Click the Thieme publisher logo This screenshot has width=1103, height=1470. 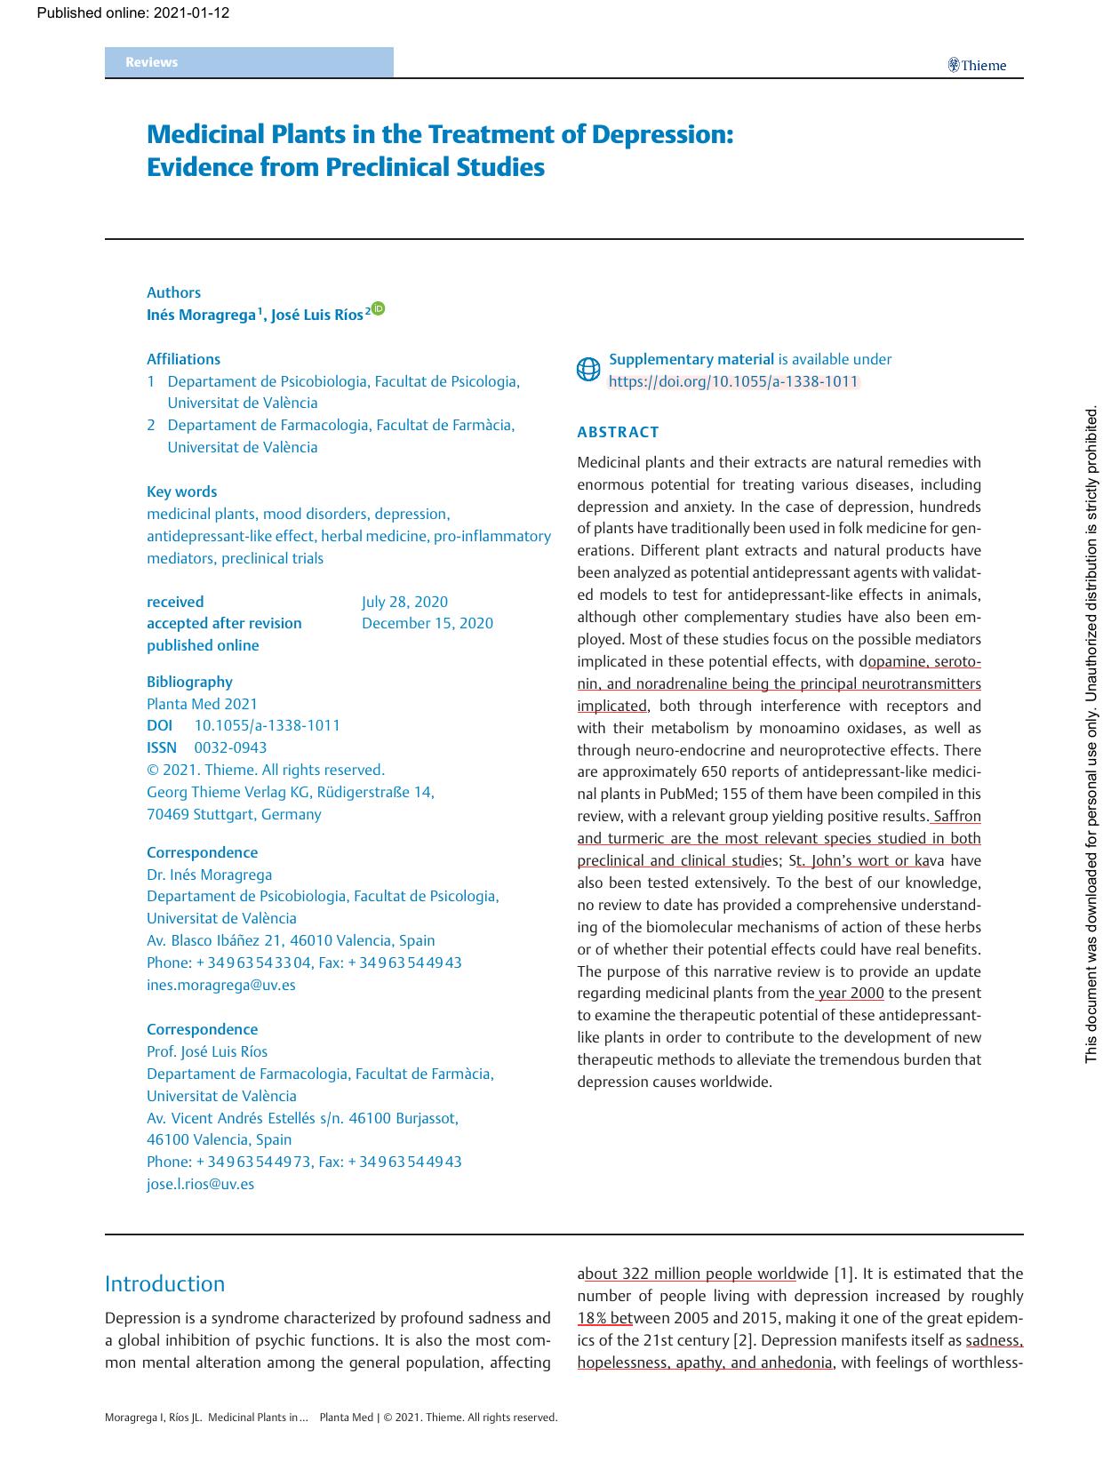[977, 65]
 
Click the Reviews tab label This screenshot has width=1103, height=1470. [151, 62]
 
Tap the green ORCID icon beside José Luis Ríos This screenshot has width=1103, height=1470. [379, 309]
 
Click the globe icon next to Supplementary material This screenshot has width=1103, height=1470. [588, 370]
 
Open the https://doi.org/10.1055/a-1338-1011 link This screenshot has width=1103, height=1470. [733, 382]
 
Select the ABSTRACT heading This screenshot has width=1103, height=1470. [618, 433]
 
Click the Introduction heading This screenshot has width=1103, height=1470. [164, 1283]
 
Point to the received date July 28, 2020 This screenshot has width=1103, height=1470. [404, 602]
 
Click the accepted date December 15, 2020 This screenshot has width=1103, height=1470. [427, 623]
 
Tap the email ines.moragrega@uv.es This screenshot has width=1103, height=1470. [220, 985]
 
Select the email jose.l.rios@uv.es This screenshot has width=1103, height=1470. [200, 1184]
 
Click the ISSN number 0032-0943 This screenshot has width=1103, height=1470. [230, 747]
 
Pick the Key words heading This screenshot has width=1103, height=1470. [181, 491]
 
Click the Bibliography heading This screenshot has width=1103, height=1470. [189, 682]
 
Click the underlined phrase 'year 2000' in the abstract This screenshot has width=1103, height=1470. [851, 993]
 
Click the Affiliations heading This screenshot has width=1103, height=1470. [183, 359]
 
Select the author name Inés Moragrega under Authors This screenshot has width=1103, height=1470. [202, 315]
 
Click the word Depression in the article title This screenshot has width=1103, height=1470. [662, 134]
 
